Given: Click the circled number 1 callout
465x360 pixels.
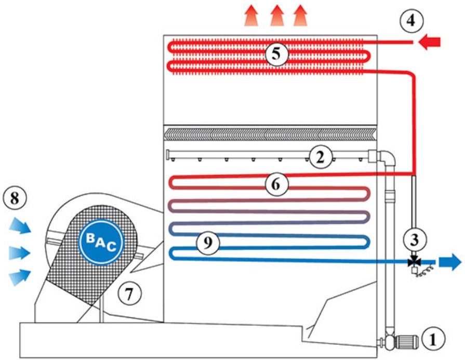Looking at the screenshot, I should coord(434,340).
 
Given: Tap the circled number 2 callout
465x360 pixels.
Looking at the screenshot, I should coord(320,156).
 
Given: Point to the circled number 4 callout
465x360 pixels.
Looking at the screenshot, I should coord(411,22).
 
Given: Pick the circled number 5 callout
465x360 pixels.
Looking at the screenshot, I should coord(276,53).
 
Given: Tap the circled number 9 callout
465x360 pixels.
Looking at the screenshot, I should coord(208,243).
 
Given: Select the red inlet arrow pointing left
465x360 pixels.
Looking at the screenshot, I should coord(430,42).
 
